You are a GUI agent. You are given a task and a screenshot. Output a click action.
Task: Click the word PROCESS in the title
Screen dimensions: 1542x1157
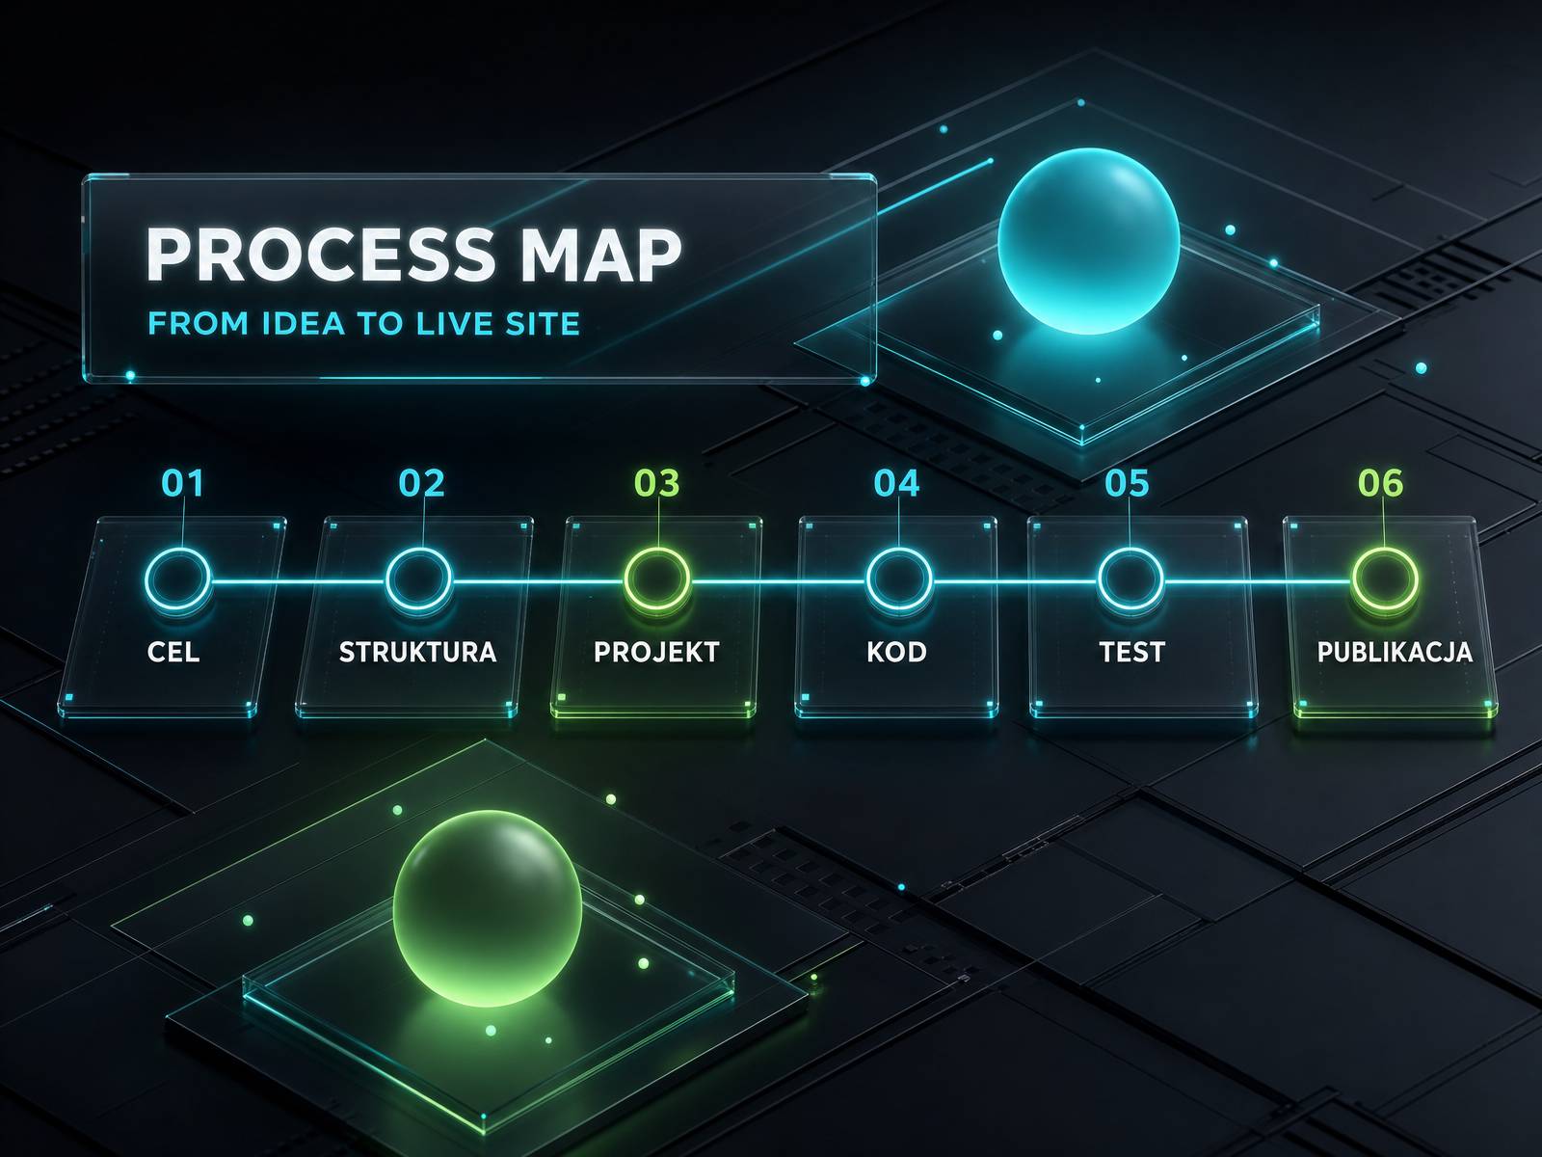tap(320, 255)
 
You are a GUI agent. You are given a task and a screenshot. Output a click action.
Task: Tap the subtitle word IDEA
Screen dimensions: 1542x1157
tap(303, 324)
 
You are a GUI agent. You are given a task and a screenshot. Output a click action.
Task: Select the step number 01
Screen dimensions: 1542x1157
tap(183, 483)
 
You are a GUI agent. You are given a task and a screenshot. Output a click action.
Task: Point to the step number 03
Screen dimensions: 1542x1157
tap(657, 483)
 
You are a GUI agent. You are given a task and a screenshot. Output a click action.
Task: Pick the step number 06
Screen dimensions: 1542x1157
tap(1380, 483)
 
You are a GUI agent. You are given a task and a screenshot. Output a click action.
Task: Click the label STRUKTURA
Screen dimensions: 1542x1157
tap(417, 652)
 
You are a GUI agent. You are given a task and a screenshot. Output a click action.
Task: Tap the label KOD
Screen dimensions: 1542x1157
tap(896, 652)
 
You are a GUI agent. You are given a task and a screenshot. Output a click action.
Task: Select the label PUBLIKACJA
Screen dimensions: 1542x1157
tap(1395, 652)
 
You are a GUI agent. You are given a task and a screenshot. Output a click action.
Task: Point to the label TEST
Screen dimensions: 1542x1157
tap(1131, 652)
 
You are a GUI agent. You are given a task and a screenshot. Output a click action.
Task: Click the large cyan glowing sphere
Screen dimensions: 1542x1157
tap(1088, 240)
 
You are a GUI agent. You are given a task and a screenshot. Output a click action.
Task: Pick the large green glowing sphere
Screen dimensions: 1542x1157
tap(488, 907)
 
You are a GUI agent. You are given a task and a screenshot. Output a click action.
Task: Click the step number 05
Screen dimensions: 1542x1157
tap(1127, 483)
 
